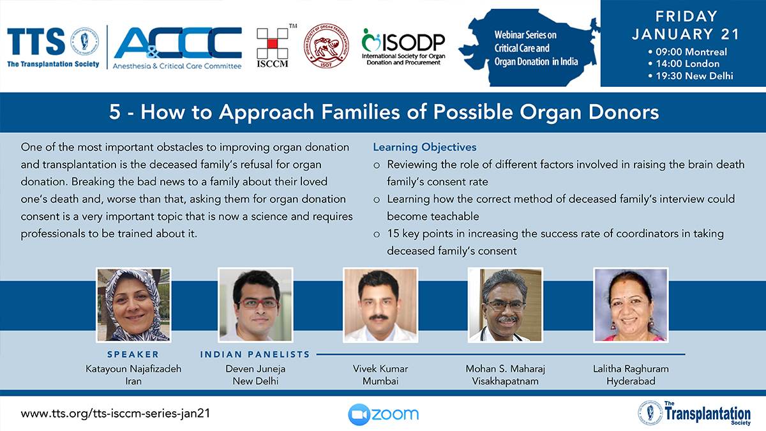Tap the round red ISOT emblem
[327, 46]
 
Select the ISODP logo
[403, 47]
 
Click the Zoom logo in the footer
[384, 414]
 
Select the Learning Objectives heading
[424, 147]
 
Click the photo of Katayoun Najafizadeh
[133, 305]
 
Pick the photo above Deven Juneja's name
[255, 305]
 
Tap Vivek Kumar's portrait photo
[380, 305]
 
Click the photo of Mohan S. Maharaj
[505, 305]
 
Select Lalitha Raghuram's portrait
[631, 305]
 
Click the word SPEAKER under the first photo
[133, 354]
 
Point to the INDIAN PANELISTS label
[255, 354]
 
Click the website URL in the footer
[116, 414]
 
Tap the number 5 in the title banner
[115, 112]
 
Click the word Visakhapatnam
[505, 381]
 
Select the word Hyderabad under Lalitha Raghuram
[631, 381]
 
